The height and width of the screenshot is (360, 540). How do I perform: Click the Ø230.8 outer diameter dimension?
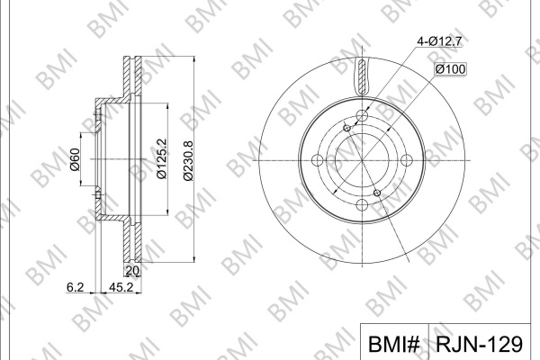(x=188, y=160)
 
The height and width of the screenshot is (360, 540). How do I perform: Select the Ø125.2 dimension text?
(x=161, y=158)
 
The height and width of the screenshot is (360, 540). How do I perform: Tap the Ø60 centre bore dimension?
(x=75, y=159)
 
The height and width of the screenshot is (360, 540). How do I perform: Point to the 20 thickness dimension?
(x=132, y=271)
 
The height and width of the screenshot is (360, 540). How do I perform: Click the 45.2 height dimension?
(x=121, y=287)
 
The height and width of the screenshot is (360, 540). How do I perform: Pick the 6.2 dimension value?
(x=75, y=287)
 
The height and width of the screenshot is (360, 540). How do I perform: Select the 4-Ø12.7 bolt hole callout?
(x=439, y=41)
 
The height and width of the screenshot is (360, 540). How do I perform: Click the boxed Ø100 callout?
(x=450, y=69)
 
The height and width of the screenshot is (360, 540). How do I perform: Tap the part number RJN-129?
(x=480, y=344)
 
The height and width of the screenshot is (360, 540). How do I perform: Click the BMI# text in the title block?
(x=394, y=344)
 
